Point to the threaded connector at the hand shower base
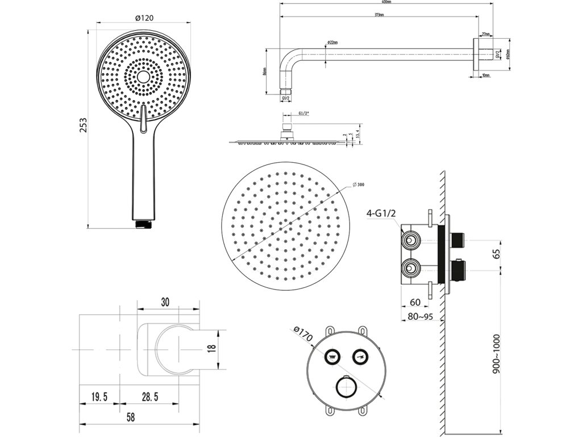click(x=144, y=224)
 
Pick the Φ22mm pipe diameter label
click(x=333, y=43)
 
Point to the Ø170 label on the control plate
click(x=303, y=335)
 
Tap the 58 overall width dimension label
click(x=130, y=417)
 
